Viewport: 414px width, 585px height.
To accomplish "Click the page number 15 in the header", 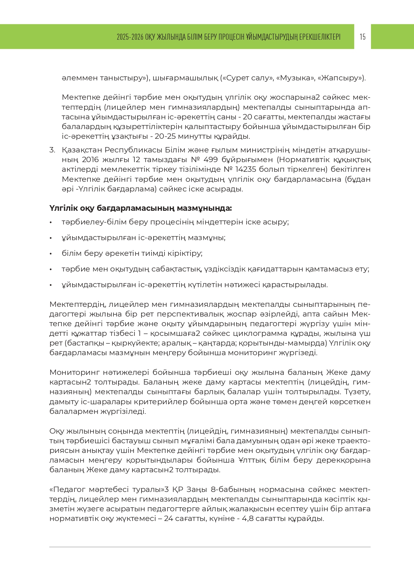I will click(x=363, y=37).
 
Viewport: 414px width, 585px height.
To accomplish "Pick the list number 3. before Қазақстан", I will click(x=52, y=150).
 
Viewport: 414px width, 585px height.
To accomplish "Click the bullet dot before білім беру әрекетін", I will click(x=51, y=254).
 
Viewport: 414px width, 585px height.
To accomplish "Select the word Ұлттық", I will click(x=253, y=460).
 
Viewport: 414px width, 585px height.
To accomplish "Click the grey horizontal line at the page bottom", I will click(x=210, y=547).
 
